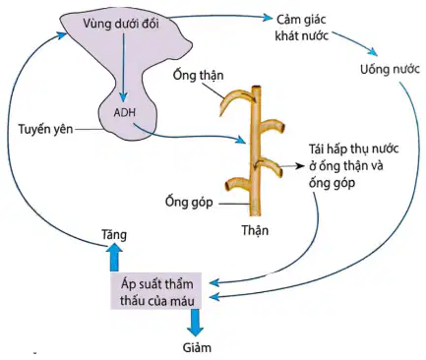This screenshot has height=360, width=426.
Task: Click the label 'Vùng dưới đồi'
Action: (121, 25)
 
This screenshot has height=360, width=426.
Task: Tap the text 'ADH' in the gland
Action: (125, 113)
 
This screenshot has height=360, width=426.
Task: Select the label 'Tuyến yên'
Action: (45, 129)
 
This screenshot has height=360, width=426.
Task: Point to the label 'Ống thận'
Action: (199, 76)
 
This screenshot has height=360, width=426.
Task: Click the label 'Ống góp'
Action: (189, 202)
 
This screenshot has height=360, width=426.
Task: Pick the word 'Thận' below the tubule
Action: (255, 230)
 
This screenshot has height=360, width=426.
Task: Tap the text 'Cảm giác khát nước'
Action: (302, 28)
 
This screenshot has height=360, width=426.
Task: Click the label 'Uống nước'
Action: (390, 70)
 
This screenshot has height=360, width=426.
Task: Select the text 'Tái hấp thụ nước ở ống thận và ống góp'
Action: (354, 165)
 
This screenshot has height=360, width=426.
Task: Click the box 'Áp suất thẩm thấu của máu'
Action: (155, 290)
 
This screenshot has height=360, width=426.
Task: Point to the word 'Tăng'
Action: (114, 235)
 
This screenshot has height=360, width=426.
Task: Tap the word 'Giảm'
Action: (197, 347)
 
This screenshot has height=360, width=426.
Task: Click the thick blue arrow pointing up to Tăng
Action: (114, 259)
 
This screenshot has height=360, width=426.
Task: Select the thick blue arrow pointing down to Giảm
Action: (195, 323)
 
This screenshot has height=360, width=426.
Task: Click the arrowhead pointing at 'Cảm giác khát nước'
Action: (269, 17)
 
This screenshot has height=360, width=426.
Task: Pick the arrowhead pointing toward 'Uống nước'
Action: (373, 51)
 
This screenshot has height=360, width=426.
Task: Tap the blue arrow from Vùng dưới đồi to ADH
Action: (124, 67)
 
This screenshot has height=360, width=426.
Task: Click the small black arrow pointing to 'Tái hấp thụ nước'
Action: (292, 166)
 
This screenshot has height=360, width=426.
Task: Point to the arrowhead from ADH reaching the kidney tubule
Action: (241, 140)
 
